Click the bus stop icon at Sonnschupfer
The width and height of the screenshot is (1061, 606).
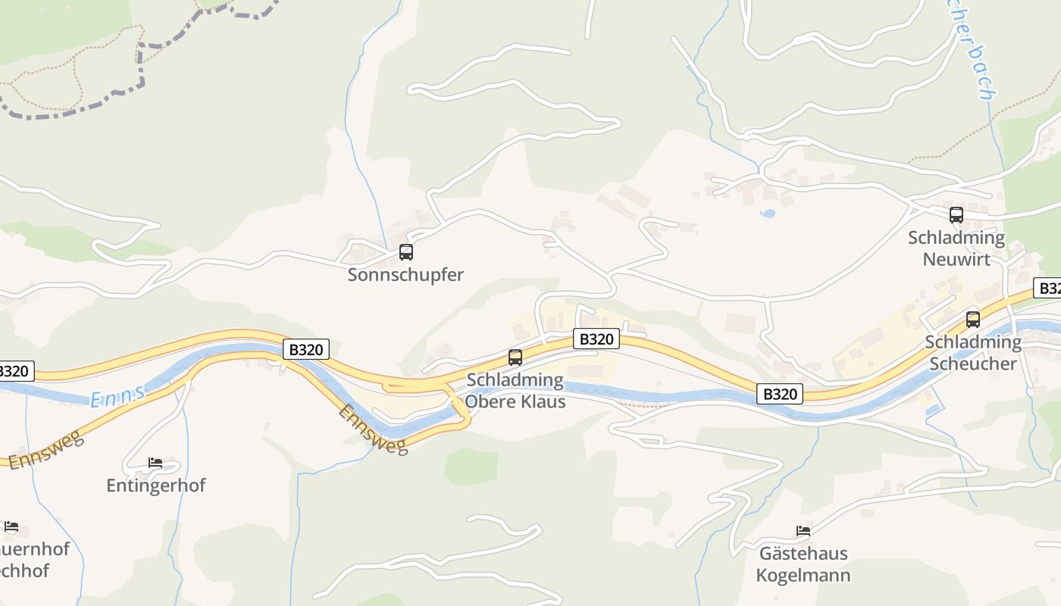pos(406,252)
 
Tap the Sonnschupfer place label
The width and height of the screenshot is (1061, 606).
pos(405,275)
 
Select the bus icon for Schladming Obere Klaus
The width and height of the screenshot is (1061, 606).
pos(515,358)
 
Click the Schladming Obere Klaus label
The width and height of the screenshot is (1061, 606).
pos(516,390)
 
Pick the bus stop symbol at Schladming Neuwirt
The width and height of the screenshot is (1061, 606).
pos(956,215)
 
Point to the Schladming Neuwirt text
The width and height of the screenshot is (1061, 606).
pos(956,248)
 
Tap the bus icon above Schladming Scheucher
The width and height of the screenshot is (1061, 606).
pos(973,320)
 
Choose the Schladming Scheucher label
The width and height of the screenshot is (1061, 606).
pos(973,352)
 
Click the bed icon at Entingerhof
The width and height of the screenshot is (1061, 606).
pos(155,462)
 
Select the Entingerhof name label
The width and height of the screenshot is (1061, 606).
pos(156,486)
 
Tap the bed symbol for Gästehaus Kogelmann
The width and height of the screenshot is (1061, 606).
pos(803,530)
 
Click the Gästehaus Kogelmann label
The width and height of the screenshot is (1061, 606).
pos(803,564)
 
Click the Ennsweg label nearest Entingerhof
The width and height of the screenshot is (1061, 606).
pos(46,450)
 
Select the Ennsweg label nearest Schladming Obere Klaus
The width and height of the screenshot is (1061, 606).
pos(373,430)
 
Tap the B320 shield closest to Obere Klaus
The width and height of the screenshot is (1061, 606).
pos(596,339)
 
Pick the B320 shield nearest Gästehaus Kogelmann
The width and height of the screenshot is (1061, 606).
pos(780,394)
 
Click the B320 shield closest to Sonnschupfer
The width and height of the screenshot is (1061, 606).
pos(306,349)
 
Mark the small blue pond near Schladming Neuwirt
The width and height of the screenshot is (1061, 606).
pos(768,214)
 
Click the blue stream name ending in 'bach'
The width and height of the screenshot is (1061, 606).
pos(975,53)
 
